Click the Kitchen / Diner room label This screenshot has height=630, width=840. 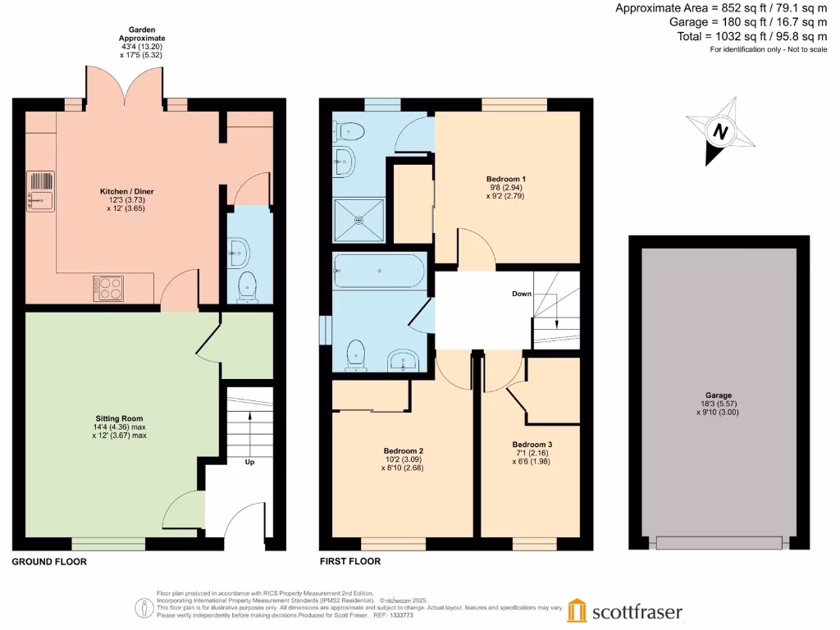coord(127,191)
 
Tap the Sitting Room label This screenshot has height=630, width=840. coord(120,418)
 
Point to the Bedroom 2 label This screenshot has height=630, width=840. coord(404,451)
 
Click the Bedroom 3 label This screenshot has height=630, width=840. coord(532,445)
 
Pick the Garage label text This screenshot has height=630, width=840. coord(719,395)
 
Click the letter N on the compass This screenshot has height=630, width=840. coord(720,131)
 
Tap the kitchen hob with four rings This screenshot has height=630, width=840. coord(108,288)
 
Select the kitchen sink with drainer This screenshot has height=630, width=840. coord(40,191)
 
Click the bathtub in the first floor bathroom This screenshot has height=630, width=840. coord(379,271)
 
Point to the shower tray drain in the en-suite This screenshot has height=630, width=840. coord(359,220)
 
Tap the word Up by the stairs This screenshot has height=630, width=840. coord(249,462)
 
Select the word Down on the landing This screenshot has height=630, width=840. coord(522,294)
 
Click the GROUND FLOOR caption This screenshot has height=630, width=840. coord(49,561)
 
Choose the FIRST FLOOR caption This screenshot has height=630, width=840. coord(350,561)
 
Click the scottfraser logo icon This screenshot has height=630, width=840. coord(577,610)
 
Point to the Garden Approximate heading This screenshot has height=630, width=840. coord(142,34)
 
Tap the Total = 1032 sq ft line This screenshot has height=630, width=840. coord(752,36)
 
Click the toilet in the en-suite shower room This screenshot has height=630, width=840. coord(349,130)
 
